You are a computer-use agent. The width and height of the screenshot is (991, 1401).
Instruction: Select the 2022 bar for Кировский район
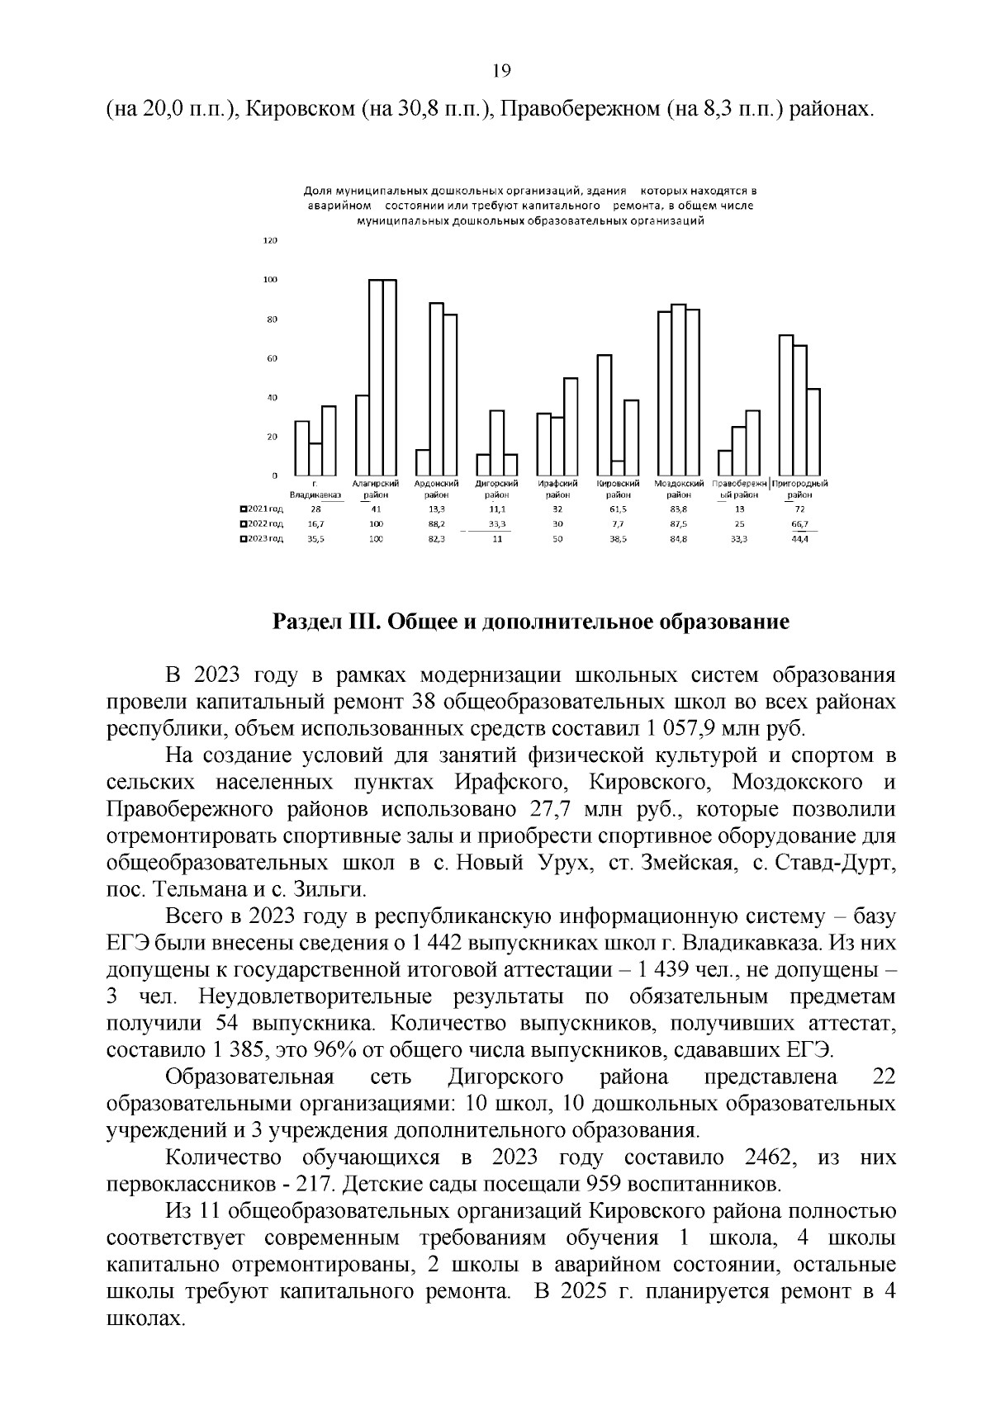pyautogui.click(x=618, y=468)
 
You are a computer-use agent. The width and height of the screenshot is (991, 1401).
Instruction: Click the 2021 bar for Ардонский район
pyautogui.click(x=423, y=462)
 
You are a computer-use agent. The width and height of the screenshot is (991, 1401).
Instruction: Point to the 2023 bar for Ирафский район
pyautogui.click(x=571, y=427)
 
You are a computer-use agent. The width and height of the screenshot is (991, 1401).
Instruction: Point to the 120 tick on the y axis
pyautogui.click(x=270, y=240)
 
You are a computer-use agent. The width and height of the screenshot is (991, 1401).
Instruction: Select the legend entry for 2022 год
pyautogui.click(x=262, y=524)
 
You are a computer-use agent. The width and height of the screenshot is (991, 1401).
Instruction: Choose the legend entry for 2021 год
pyautogui.click(x=262, y=509)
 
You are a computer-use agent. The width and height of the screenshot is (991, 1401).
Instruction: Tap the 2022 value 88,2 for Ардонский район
pyautogui.click(x=436, y=524)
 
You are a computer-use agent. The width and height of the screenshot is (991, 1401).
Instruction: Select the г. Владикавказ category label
pyautogui.click(x=315, y=489)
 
